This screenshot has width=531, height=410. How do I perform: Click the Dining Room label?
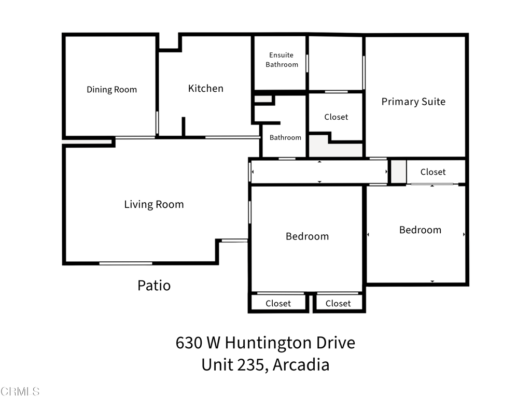point(111,90)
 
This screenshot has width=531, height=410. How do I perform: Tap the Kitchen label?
point(205,89)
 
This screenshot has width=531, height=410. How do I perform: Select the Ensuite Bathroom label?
point(282,60)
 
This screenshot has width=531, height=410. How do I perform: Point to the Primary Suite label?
point(413,102)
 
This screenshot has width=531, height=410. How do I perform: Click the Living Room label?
point(153,204)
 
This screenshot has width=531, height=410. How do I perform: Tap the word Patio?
point(153,285)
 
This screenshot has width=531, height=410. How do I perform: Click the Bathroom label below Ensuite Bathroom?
point(285,137)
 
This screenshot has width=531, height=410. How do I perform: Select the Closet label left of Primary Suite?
point(336,117)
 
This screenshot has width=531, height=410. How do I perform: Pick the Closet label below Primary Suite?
point(433,172)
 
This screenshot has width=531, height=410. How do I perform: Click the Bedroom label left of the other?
point(307,236)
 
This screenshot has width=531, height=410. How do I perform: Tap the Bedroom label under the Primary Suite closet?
point(420,230)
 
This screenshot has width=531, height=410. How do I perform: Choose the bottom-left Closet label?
point(278,303)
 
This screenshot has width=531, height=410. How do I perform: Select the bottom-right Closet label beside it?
point(338,303)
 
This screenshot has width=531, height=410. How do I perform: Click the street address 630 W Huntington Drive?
point(265,343)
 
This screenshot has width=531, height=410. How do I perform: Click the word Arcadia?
point(301,364)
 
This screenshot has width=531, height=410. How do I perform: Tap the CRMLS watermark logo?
point(20,391)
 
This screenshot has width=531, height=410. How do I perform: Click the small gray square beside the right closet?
point(398,172)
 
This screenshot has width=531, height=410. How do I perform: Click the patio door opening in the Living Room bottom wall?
point(125,263)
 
